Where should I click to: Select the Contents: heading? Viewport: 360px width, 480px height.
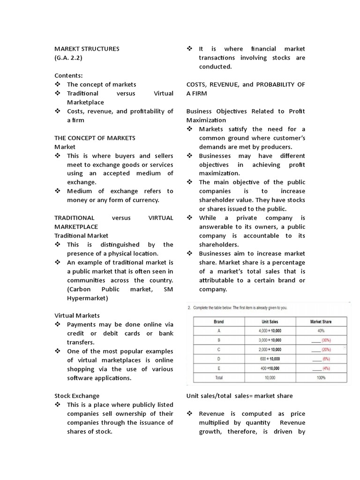pos(68,75)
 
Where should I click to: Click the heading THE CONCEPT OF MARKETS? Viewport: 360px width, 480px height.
pos(95,138)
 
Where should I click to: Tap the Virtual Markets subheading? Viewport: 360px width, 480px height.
pos(77,315)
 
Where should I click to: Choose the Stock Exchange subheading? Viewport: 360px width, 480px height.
pos(77,396)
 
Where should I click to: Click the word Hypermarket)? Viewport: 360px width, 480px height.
pos(87,298)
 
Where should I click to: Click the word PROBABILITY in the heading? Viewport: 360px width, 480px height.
pos(277,84)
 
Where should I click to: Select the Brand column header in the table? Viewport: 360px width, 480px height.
pos(218,322)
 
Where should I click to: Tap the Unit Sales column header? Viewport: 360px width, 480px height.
pos(270,322)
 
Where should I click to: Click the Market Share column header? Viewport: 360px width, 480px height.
pos(322,322)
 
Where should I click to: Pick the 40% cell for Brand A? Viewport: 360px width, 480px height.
pos(322,330)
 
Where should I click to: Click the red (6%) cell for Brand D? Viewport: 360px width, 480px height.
pos(325,359)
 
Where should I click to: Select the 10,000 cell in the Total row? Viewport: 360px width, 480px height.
pos(270,377)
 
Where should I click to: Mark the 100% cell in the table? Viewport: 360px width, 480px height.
pos(322,377)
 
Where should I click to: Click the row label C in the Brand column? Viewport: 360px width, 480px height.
pos(218,350)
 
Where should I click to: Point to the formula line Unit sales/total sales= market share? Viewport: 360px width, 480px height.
pos(240,396)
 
